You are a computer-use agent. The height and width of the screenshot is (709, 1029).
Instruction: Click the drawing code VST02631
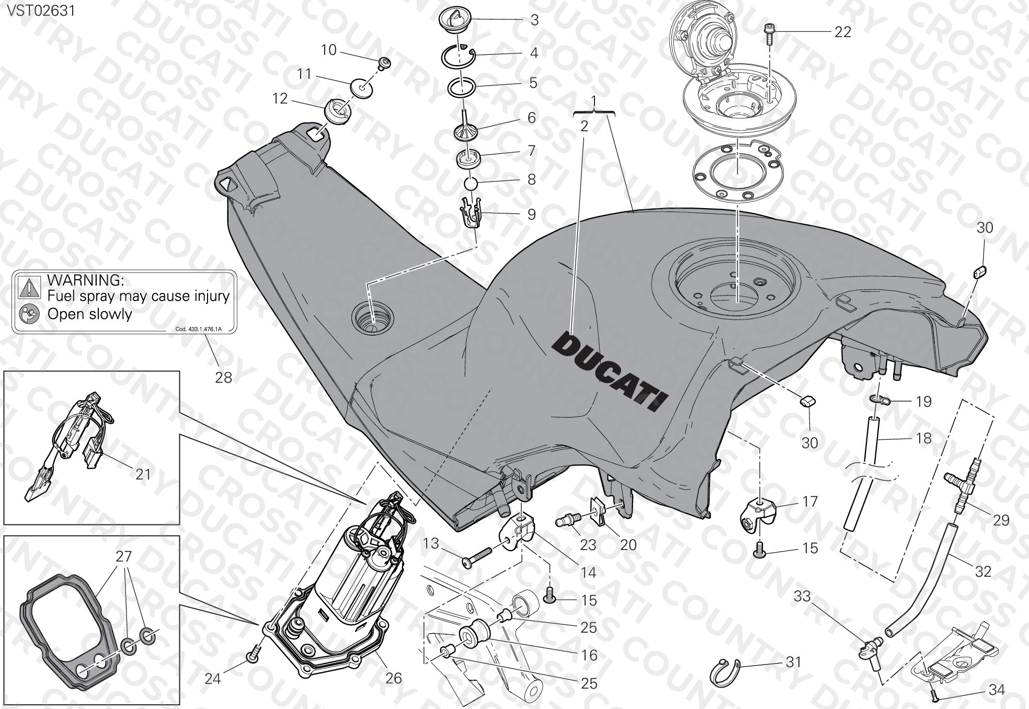[41, 10]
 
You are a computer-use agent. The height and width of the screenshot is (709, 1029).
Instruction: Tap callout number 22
[842, 32]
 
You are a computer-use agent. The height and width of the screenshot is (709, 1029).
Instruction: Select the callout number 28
[223, 377]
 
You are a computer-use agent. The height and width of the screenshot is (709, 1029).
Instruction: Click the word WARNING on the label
[86, 280]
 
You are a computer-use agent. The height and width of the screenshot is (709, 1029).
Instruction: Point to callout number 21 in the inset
[143, 474]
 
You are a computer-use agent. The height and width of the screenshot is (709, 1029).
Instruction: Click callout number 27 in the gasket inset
[124, 557]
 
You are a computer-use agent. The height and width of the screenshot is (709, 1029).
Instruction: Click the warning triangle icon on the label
[29, 287]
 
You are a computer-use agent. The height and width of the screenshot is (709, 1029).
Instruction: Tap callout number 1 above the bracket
[593, 100]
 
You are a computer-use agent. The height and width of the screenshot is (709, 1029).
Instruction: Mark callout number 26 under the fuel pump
[393, 678]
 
